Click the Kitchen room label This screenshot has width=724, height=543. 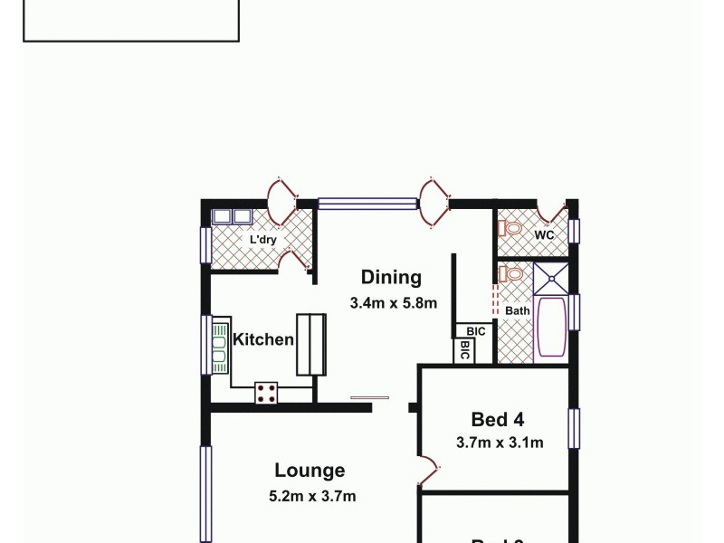coord(263,340)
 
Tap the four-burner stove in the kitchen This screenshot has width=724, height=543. coord(267,392)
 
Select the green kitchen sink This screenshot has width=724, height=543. coord(218,344)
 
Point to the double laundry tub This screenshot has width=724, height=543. coord(232,216)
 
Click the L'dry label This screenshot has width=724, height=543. coord(263,240)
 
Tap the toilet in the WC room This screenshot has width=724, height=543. coord(511,228)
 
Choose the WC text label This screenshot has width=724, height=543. coord(544,235)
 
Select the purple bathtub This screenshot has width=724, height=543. coord(551,329)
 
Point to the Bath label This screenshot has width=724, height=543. coord(518,310)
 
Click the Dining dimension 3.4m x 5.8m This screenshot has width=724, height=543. coord(394,303)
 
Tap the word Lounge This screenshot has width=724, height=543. coord(310,471)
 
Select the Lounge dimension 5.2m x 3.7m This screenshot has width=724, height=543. coord(312,496)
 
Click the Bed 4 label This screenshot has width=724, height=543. coord(498,419)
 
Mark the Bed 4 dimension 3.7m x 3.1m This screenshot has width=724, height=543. coord(499,443)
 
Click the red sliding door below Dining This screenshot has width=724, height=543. coord(370,396)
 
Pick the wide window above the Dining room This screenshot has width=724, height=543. coord(367,205)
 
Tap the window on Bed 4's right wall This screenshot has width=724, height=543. coord(574,428)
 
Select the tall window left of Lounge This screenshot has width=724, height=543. coord(205,493)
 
